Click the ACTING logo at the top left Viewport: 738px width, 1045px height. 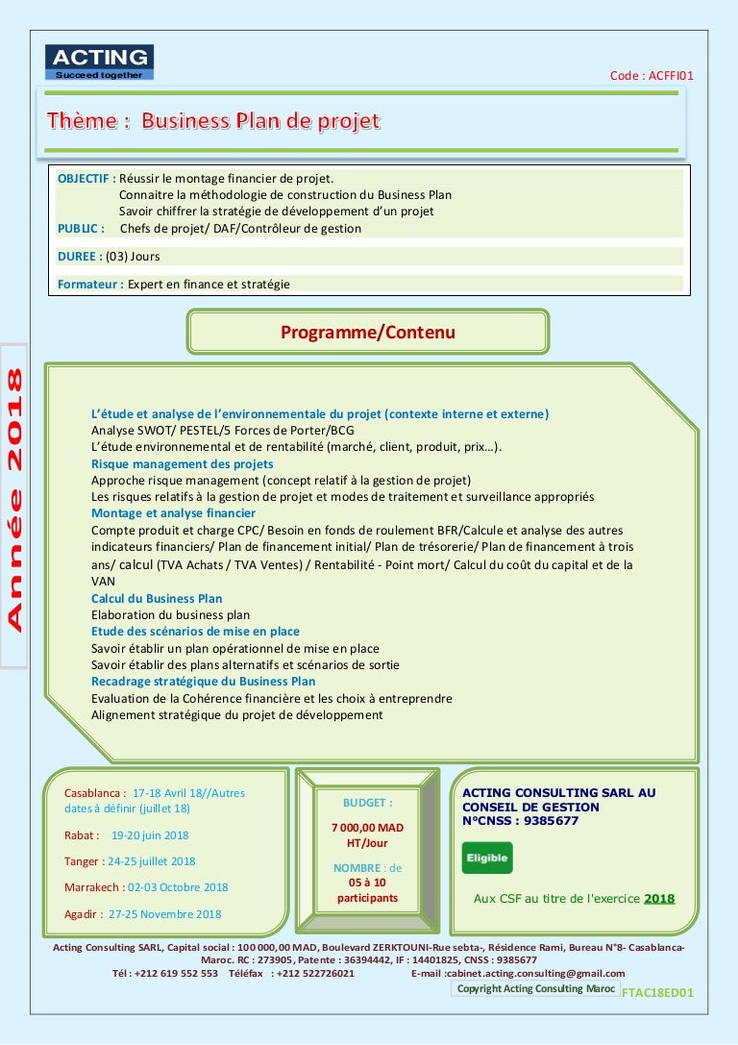[99, 62]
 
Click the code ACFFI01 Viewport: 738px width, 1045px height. [652, 76]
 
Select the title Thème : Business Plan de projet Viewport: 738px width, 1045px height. [214, 121]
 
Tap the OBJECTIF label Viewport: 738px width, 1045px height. [86, 179]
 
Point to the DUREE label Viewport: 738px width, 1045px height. [80, 257]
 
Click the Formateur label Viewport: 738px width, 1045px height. [89, 284]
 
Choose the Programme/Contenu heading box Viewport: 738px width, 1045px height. [367, 333]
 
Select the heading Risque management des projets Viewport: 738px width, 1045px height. [182, 463]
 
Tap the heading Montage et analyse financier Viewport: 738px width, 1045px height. [173, 513]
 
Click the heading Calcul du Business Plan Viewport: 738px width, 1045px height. [157, 598]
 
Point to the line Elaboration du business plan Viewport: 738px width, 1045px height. [170, 614]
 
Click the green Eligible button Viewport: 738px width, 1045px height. [487, 858]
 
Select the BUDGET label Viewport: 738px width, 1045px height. [367, 802]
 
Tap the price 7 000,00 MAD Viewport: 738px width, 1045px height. [367, 827]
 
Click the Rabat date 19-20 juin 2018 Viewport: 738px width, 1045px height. [150, 835]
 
